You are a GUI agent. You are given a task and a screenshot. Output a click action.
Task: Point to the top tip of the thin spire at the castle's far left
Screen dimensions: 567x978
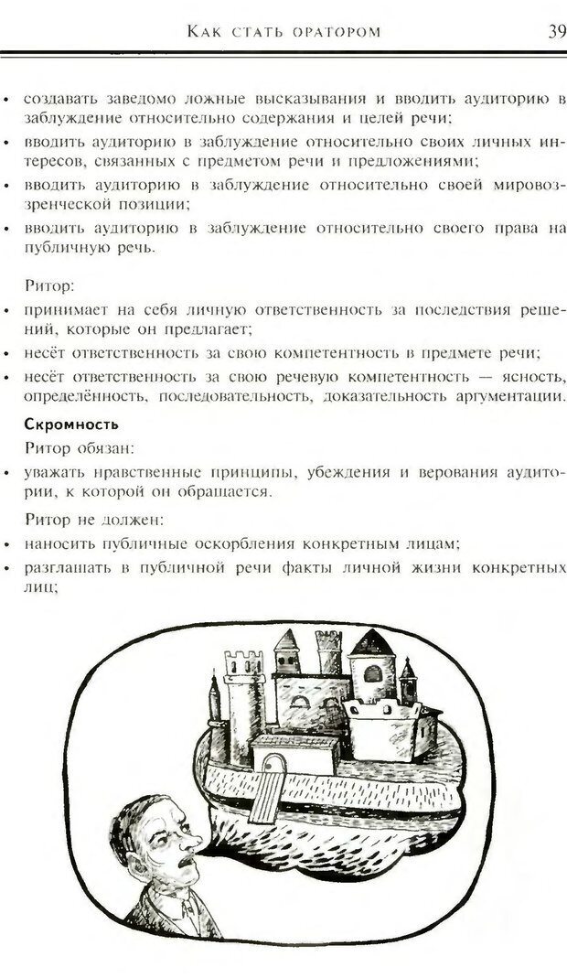(214, 672)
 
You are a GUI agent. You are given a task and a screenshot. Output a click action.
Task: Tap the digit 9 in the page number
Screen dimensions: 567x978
(560, 32)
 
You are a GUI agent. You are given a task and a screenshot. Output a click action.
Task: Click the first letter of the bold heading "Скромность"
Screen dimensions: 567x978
(28, 425)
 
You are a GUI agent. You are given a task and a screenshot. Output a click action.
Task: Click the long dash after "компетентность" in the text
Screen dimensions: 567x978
(487, 377)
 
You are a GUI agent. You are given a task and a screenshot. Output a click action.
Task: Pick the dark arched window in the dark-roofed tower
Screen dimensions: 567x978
(372, 674)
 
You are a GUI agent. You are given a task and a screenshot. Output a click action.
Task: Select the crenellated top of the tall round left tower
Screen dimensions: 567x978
(243, 662)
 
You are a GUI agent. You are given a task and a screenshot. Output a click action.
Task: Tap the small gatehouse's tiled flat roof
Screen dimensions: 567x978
(295, 742)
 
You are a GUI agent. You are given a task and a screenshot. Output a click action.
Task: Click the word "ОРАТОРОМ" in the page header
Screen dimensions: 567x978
(329, 32)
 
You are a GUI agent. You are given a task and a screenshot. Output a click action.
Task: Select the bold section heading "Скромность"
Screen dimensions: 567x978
(71, 425)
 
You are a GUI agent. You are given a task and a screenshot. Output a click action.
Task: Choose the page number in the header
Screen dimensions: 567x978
(556, 32)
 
